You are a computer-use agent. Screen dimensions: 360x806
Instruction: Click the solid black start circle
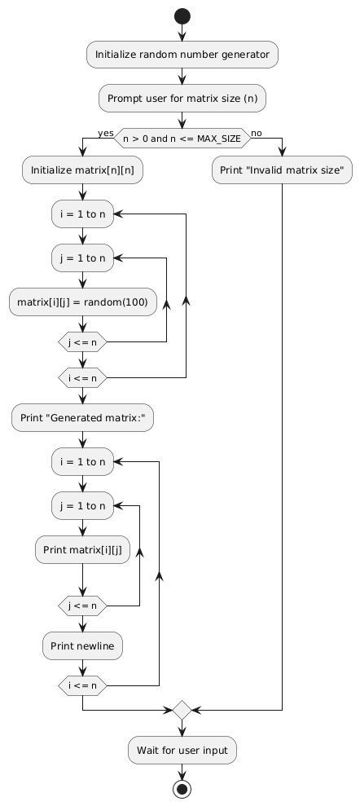coord(182,16)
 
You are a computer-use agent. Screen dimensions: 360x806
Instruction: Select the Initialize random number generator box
coord(182,55)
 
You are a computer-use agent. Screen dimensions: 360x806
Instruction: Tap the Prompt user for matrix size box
coord(182,98)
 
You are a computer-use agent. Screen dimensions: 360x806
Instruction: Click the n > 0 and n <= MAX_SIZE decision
coord(182,139)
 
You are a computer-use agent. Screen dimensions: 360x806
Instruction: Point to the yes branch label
coord(106,133)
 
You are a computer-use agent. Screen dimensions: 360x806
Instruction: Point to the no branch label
coord(257,133)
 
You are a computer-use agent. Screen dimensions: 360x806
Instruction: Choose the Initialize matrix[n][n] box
coord(82,170)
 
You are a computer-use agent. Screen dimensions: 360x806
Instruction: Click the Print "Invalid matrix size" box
coord(282,170)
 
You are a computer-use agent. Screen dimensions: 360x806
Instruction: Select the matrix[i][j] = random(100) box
coord(83,302)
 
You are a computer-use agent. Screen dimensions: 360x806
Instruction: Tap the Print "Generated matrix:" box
coord(82,417)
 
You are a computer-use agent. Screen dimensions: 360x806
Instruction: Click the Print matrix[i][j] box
coord(82,550)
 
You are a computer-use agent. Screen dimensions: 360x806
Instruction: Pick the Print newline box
coord(82,645)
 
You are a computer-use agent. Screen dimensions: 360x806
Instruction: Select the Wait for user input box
coord(182,750)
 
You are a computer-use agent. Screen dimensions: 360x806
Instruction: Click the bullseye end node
coord(182,789)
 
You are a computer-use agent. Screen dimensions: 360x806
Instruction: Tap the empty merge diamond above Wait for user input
coord(182,710)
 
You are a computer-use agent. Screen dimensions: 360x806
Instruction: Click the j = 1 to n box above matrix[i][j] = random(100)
coord(82,258)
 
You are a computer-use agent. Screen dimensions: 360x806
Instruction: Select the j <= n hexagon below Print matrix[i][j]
coord(82,606)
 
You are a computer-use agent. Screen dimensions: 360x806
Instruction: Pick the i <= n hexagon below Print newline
coord(82,685)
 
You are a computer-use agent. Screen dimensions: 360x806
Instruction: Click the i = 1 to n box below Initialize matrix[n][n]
coord(82,214)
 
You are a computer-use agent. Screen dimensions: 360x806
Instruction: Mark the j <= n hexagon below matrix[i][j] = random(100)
coord(82,341)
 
